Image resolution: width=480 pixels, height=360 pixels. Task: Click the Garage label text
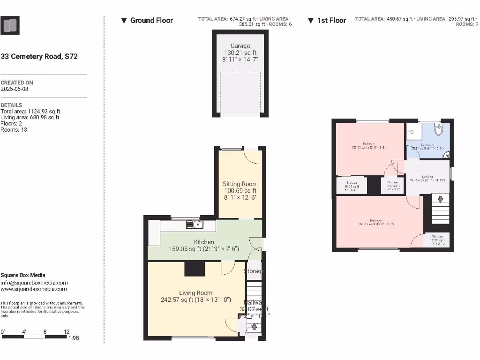click(240, 46)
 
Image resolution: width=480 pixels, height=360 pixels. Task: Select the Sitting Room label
click(240, 184)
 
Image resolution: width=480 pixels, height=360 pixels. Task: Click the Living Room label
click(195, 293)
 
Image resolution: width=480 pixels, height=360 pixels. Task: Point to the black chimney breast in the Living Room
click(195, 269)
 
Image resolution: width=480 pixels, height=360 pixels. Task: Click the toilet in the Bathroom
click(438, 128)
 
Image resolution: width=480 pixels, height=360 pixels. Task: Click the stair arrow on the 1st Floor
click(440, 199)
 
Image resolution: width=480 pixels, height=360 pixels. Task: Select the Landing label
click(427, 177)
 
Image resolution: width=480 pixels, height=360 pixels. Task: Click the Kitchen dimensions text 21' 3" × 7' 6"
click(220, 249)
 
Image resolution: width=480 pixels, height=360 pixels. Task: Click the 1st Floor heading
click(331, 20)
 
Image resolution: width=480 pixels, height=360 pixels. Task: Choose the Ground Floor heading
click(151, 20)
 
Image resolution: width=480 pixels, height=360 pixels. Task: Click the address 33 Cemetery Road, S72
click(39, 56)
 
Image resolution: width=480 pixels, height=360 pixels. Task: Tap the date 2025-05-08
click(15, 89)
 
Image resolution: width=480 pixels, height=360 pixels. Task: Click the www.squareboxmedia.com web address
click(34, 289)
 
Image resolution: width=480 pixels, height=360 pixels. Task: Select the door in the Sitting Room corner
click(251, 156)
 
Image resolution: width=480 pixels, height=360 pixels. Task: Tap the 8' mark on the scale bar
click(45, 331)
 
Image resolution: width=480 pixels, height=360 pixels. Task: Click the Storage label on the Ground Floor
click(254, 271)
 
